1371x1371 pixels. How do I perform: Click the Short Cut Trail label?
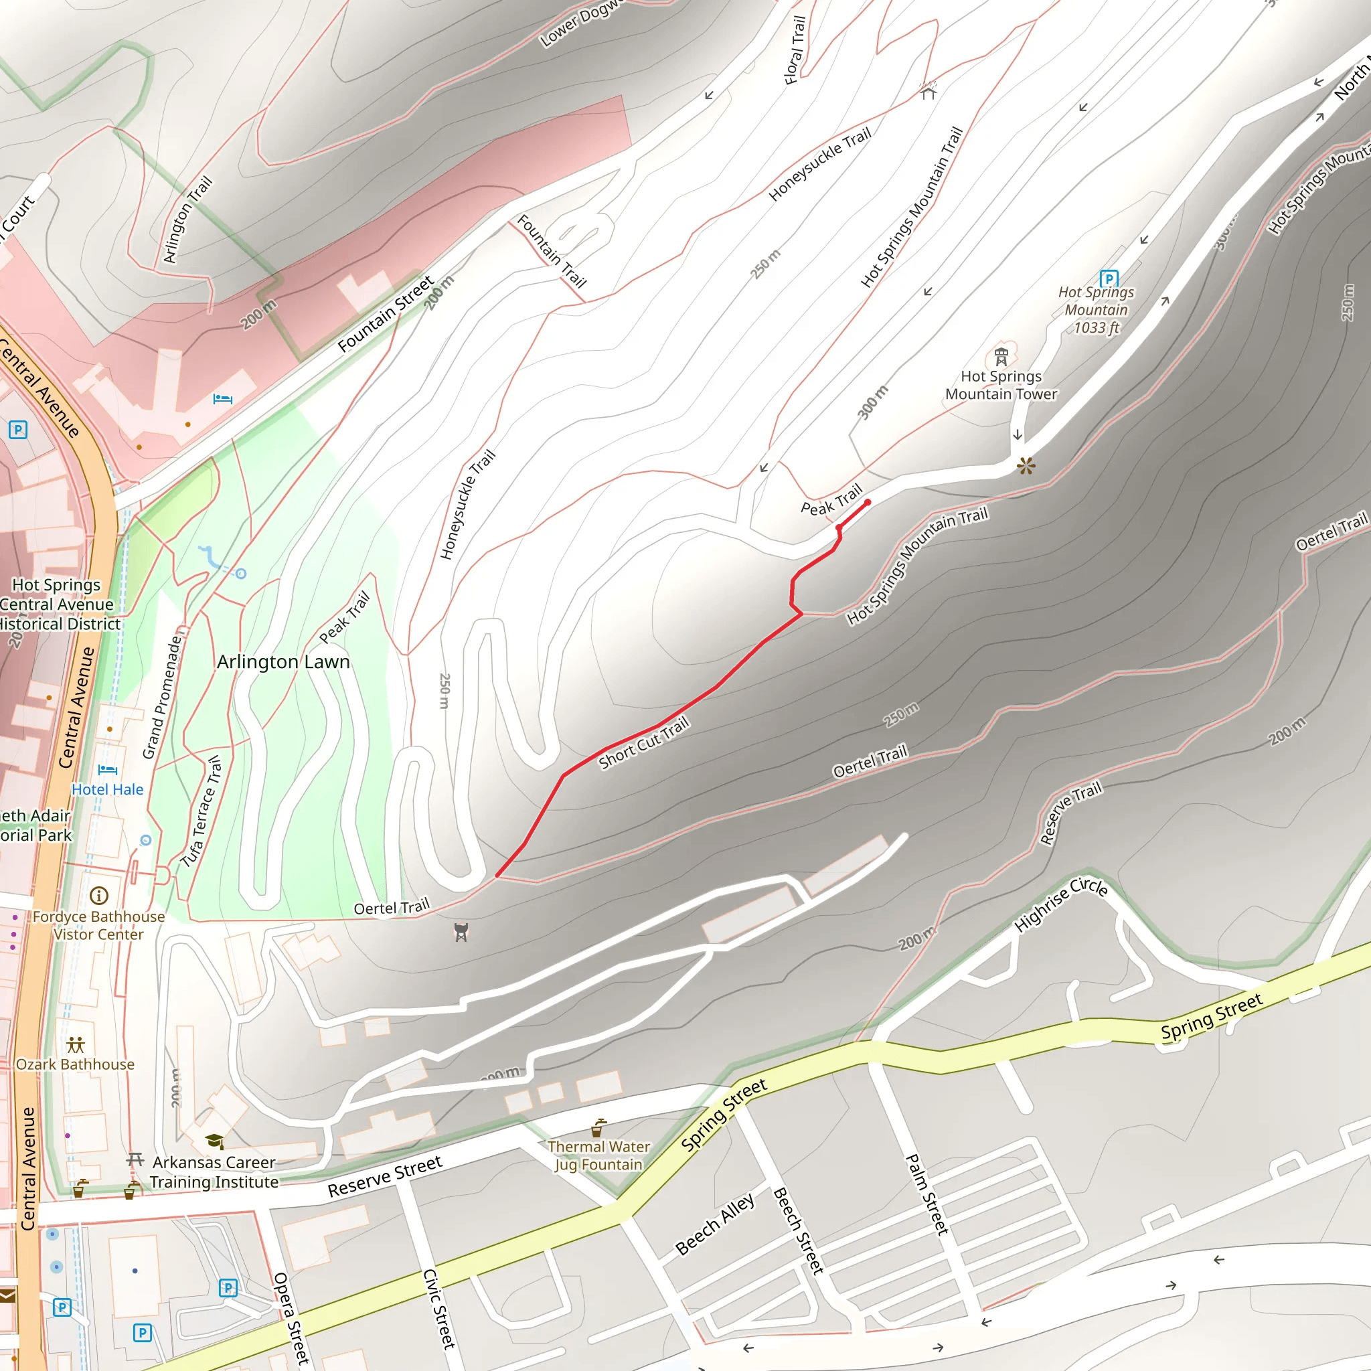click(x=643, y=743)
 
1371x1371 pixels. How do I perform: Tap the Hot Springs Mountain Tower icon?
click(x=1001, y=355)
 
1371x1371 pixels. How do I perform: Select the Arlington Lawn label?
click(x=283, y=661)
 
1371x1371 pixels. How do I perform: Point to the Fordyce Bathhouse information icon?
click(x=99, y=896)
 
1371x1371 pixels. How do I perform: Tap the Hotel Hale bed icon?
click(x=108, y=770)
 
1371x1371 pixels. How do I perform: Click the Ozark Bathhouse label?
click(x=75, y=1064)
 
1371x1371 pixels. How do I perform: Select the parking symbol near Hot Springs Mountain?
click(x=1109, y=278)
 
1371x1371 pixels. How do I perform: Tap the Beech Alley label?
click(x=714, y=1224)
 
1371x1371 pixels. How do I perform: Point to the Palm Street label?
click(x=926, y=1194)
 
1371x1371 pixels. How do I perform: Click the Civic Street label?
click(x=438, y=1309)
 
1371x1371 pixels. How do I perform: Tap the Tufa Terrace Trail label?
click(x=201, y=812)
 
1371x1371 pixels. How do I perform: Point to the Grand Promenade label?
click(x=163, y=697)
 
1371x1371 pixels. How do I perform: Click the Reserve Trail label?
click(x=1070, y=813)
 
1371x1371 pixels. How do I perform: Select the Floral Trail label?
click(x=795, y=50)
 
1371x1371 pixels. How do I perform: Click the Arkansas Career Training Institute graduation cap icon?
click(x=214, y=1141)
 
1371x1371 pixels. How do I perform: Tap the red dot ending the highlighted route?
click(x=867, y=503)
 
